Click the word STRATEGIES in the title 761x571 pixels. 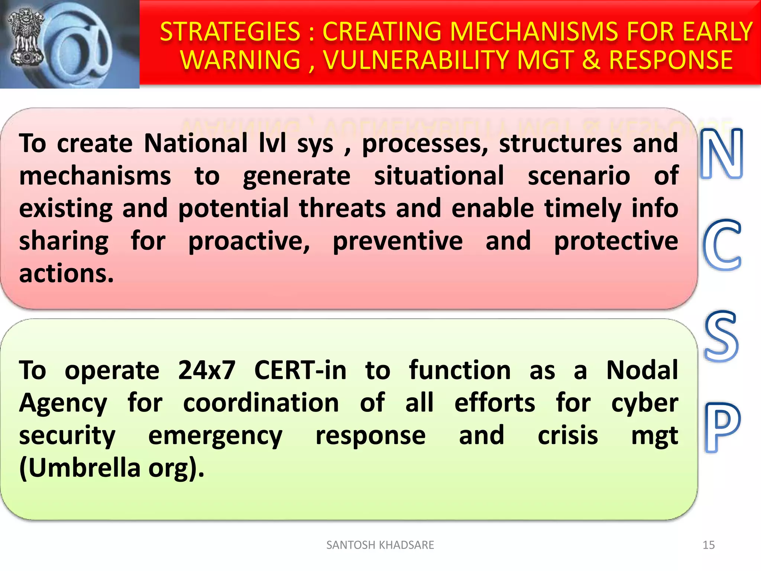[x=230, y=32]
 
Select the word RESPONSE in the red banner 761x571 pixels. [x=671, y=60]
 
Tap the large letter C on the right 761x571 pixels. [x=722, y=245]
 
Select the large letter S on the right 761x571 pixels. [x=721, y=336]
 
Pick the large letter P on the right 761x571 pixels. [x=722, y=428]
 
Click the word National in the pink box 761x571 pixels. [x=196, y=143]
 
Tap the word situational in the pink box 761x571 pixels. [x=439, y=176]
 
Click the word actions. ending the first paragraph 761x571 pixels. [x=66, y=274]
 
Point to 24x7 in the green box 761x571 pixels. [x=207, y=370]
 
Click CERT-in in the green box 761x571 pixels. [x=300, y=370]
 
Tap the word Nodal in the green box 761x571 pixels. [x=642, y=370]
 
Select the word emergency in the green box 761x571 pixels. [x=215, y=436]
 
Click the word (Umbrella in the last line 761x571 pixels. [x=80, y=468]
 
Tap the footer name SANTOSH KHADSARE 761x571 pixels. [x=380, y=545]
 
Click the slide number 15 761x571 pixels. [x=708, y=545]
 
